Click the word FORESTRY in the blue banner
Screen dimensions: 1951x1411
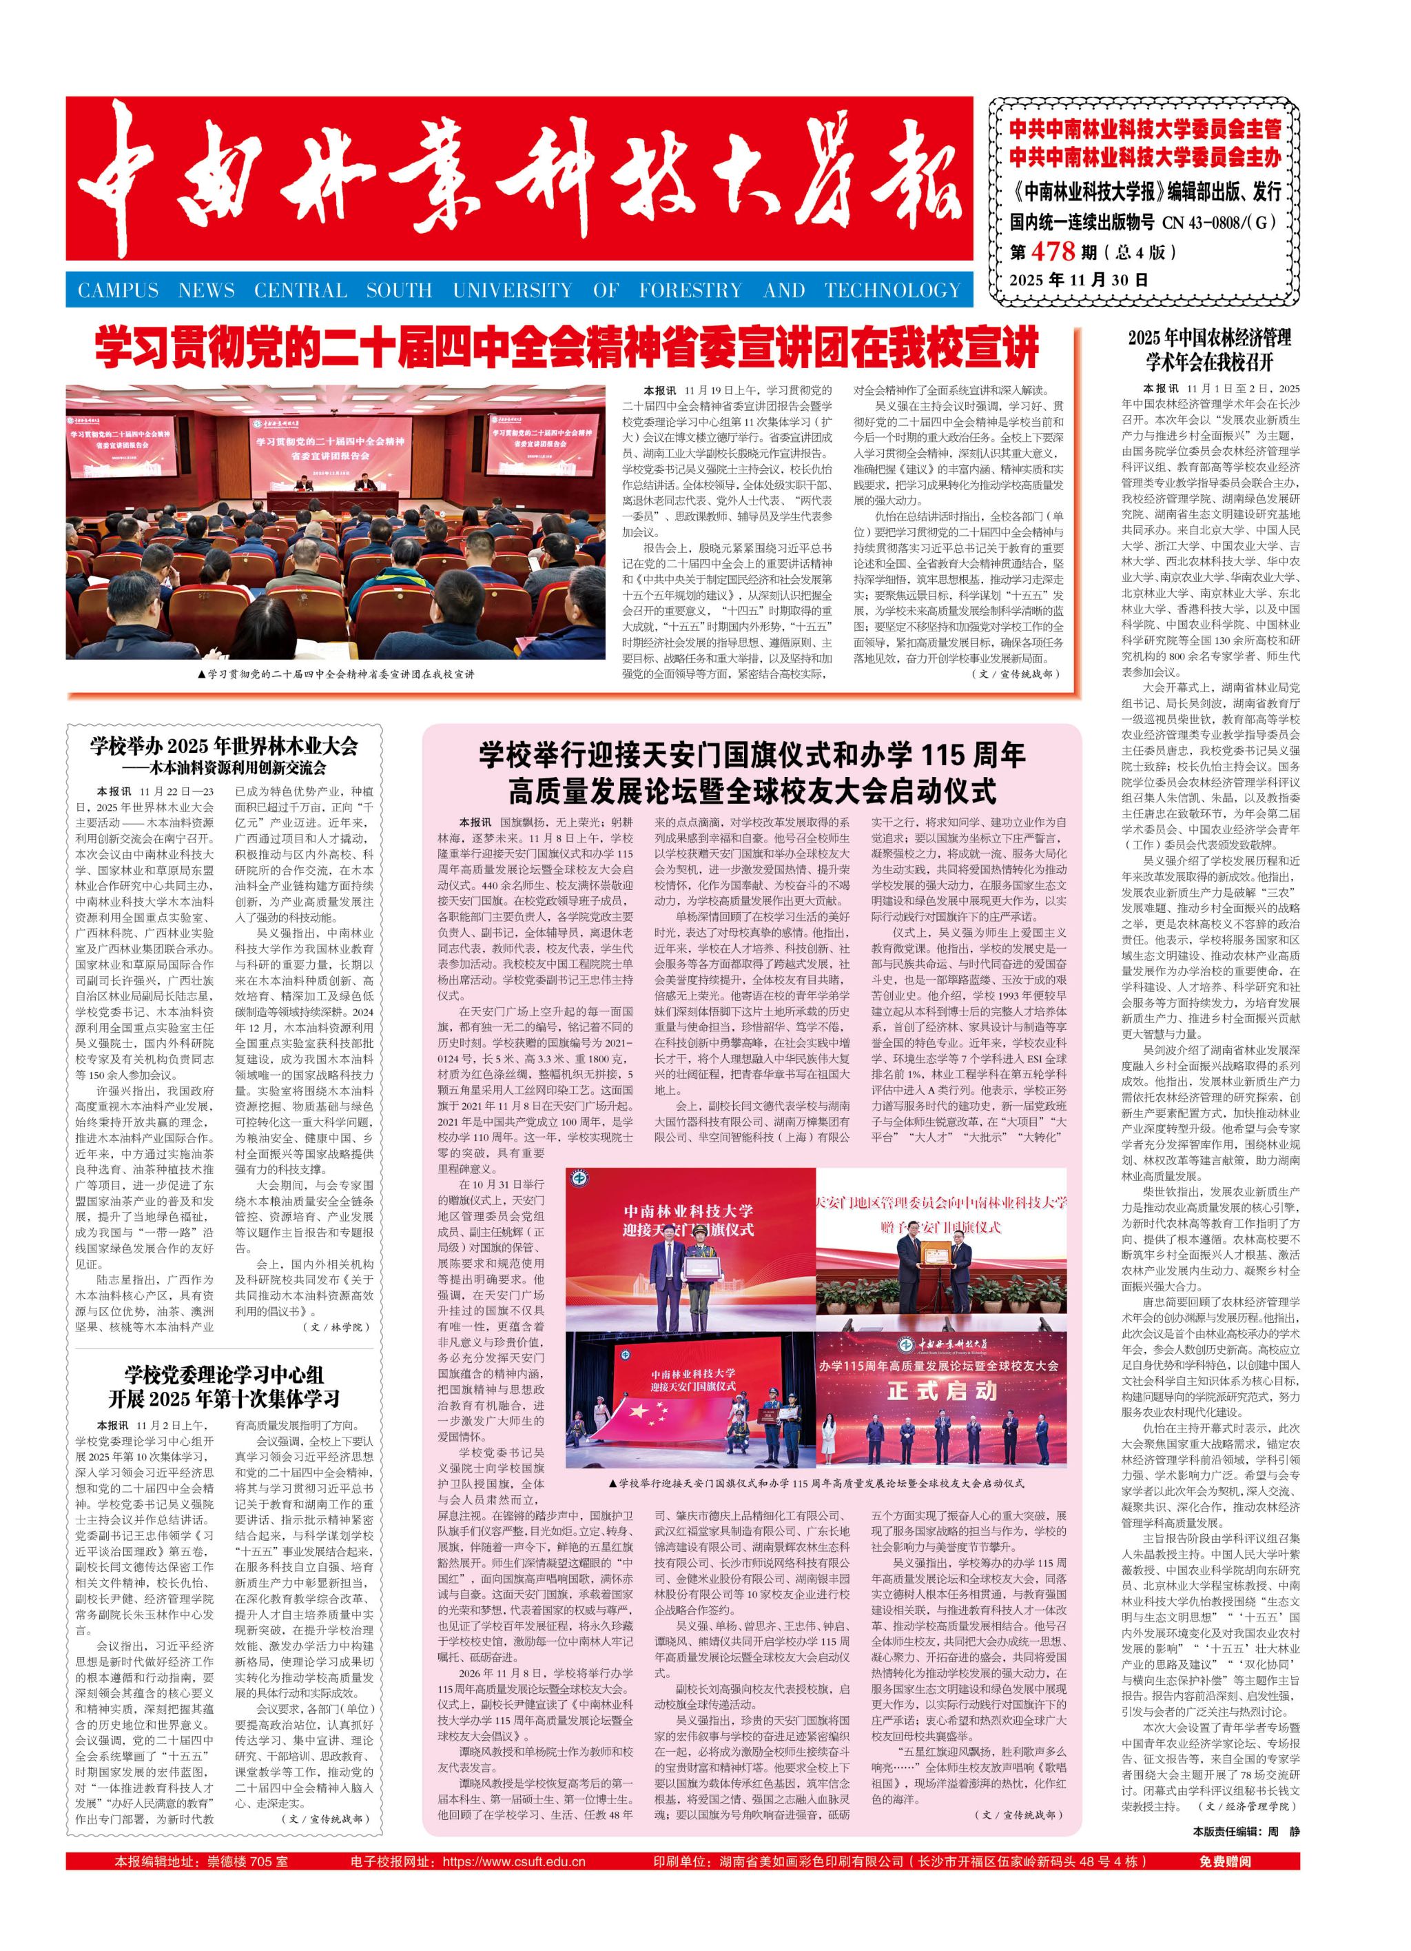[x=689, y=291]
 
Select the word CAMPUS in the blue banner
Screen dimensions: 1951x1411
[x=118, y=291]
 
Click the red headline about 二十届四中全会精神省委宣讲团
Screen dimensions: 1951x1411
[x=568, y=347]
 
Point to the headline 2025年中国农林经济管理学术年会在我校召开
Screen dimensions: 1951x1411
[x=1209, y=348]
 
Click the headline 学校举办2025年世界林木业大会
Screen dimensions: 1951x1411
[x=223, y=746]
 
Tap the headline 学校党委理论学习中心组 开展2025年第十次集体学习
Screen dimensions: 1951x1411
[x=223, y=1386]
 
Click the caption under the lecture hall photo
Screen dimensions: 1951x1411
[x=336, y=674]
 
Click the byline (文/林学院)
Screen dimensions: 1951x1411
[x=336, y=1327]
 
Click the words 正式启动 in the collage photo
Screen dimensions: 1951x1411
[x=943, y=1391]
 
